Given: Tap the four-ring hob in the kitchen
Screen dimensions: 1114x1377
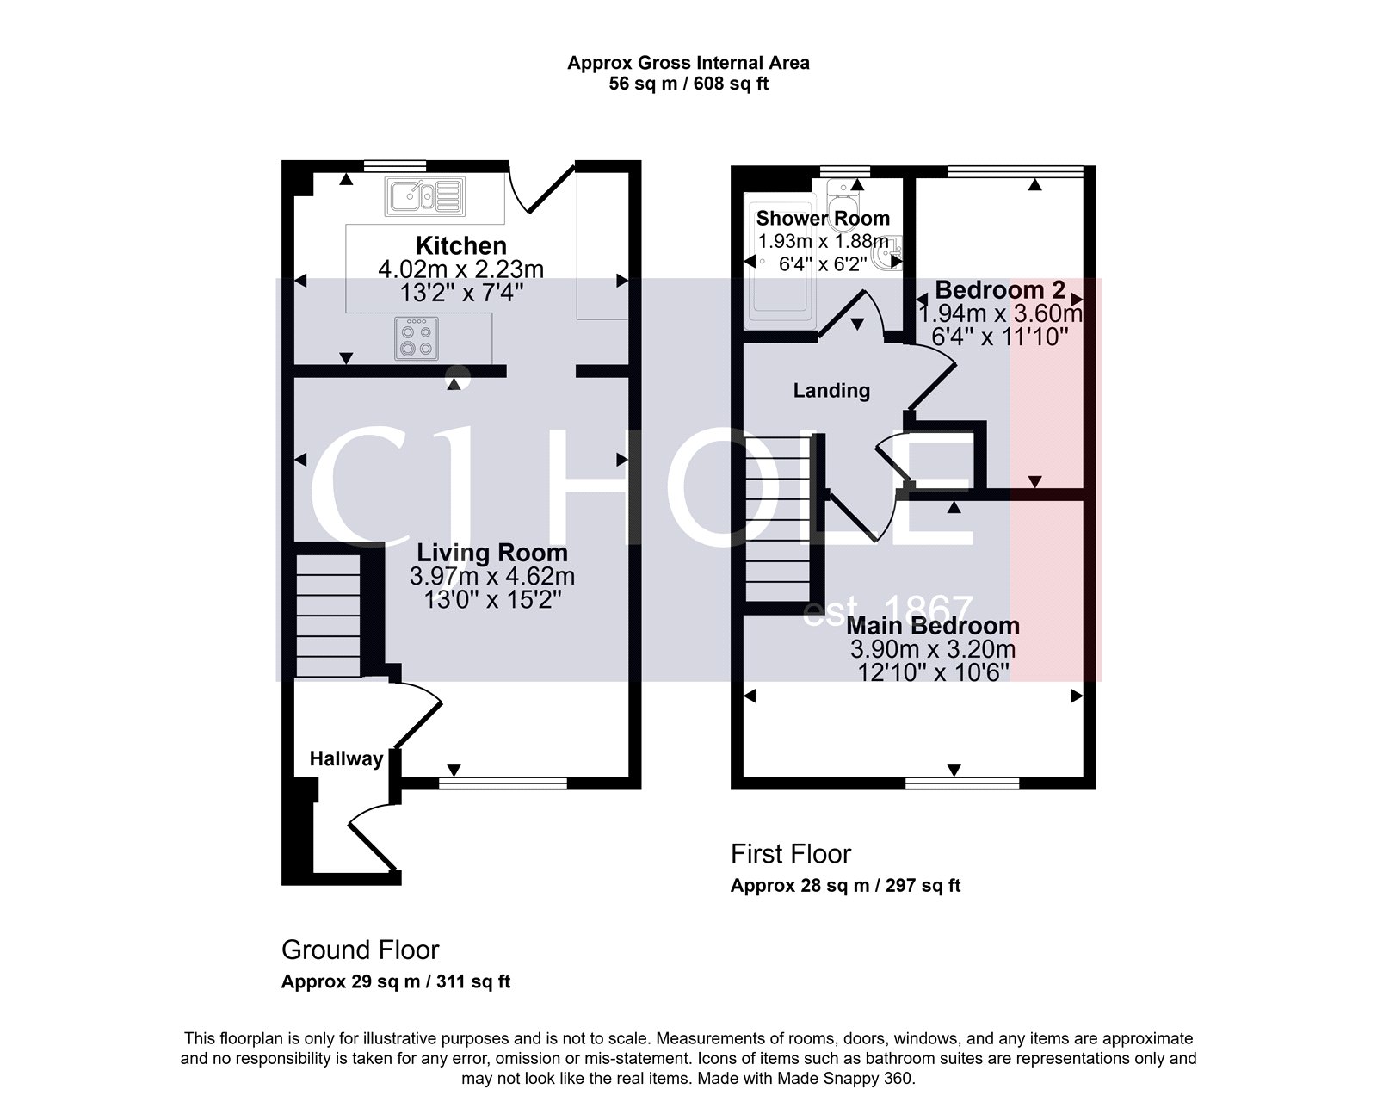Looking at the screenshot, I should point(416,338).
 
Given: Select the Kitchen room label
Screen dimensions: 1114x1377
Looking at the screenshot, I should point(461,245).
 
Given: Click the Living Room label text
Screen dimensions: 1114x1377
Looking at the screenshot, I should point(491,553).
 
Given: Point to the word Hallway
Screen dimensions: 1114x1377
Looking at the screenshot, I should point(346,758).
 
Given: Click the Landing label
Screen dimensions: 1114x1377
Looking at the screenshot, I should point(831,391).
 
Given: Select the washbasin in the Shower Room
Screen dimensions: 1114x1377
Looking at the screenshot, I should point(884,257).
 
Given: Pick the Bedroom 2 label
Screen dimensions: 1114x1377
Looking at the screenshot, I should point(999,289).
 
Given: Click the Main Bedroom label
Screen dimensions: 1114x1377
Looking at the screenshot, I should point(933,626).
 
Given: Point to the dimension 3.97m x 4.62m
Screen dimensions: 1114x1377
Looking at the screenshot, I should point(492,576).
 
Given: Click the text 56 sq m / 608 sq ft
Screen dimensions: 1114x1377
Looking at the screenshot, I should point(688,84).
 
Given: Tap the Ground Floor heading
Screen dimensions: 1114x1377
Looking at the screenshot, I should point(360,950).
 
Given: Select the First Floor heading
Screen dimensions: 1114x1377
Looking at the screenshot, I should point(790,854).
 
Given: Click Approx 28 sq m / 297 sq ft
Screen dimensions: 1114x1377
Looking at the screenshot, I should point(845,885).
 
